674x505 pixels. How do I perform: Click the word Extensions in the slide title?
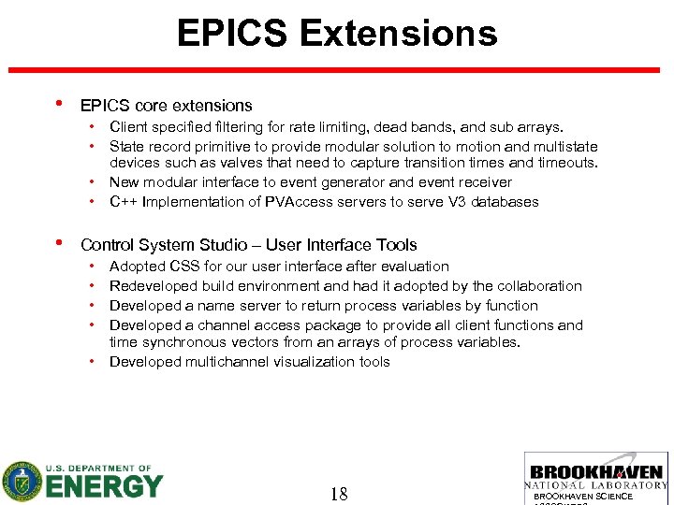pyautogui.click(x=398, y=34)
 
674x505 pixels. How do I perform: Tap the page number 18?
pyautogui.click(x=339, y=493)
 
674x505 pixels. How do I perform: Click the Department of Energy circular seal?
pyautogui.click(x=22, y=482)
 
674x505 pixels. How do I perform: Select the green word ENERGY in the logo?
pyautogui.click(x=104, y=486)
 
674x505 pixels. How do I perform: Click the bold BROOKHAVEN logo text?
pyautogui.click(x=596, y=472)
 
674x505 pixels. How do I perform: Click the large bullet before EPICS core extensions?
pyautogui.click(x=59, y=105)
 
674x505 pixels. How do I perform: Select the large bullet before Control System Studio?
pyautogui.click(x=59, y=244)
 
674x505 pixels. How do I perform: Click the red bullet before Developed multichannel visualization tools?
pyautogui.click(x=95, y=362)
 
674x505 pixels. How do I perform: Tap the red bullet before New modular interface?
pyautogui.click(x=95, y=182)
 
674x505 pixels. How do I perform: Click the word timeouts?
pyautogui.click(x=564, y=163)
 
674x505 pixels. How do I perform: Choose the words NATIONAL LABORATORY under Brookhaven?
pyautogui.click(x=596, y=485)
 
